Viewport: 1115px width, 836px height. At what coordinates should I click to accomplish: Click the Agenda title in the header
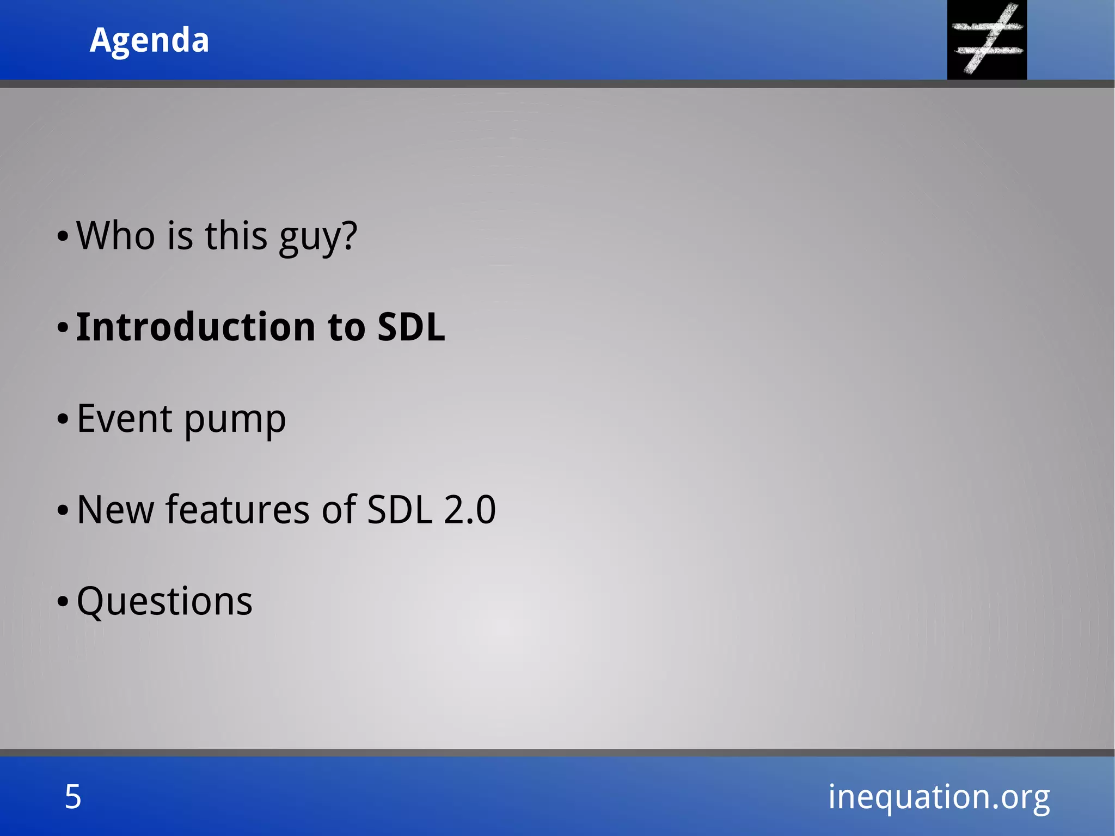[x=149, y=40]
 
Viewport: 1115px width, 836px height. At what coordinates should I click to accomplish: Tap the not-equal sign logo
[x=987, y=39]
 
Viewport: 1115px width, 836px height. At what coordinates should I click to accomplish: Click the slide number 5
[x=73, y=797]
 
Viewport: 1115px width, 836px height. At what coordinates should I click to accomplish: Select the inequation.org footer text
[x=939, y=797]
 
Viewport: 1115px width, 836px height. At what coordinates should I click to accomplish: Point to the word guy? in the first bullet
[x=318, y=238]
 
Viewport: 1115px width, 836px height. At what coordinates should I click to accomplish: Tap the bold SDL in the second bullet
[x=411, y=327]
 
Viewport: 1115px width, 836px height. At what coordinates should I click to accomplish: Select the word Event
[x=125, y=419]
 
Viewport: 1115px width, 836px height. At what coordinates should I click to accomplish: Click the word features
[x=238, y=510]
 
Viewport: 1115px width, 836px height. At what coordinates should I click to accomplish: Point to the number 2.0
[x=469, y=510]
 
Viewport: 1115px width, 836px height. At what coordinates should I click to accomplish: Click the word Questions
[x=164, y=602]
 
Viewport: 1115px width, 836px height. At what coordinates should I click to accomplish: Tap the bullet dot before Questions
[x=63, y=602]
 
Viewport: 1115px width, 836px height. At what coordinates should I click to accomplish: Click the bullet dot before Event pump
[x=63, y=419]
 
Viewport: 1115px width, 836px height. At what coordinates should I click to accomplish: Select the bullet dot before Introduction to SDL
[x=63, y=328]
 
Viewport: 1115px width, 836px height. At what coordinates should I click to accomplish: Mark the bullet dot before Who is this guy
[x=63, y=236]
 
